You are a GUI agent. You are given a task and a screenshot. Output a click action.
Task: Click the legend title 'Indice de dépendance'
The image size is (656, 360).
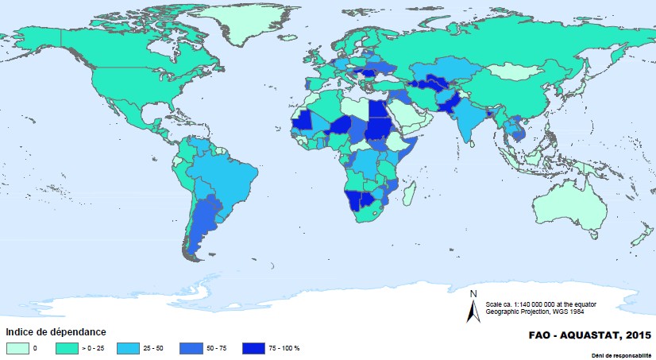[56, 331]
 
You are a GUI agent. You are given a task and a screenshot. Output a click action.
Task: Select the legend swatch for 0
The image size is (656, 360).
[17, 347]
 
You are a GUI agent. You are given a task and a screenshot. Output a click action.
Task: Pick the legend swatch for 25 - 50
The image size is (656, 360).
[128, 347]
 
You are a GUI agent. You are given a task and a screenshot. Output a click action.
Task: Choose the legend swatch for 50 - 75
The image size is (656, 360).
[191, 347]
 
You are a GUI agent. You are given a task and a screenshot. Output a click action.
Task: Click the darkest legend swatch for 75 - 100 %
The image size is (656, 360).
[254, 347]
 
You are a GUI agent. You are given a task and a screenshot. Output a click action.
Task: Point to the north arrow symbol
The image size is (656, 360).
[473, 308]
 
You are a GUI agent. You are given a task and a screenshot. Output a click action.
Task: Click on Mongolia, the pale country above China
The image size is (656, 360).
[516, 72]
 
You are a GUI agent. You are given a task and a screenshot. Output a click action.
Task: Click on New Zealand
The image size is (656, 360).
[640, 239]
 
